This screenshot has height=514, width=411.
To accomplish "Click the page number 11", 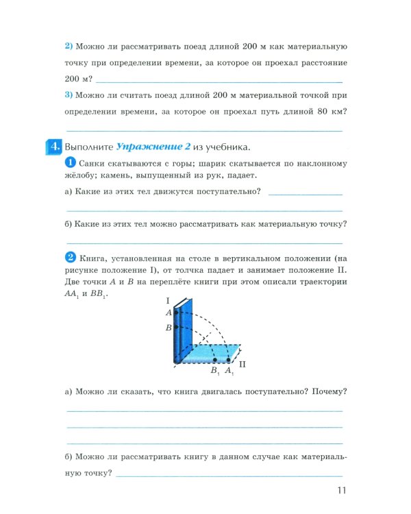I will (342, 491).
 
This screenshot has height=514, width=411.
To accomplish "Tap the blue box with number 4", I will (54, 147).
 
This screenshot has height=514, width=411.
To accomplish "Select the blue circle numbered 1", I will (70, 162).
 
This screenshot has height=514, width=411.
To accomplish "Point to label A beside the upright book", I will (168, 313).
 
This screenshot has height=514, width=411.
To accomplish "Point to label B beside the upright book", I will (168, 328).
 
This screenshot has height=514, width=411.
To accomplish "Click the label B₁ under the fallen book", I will (215, 371).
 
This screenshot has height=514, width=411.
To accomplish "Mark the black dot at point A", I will (177, 313).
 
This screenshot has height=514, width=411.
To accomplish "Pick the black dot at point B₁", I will (215, 359).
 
